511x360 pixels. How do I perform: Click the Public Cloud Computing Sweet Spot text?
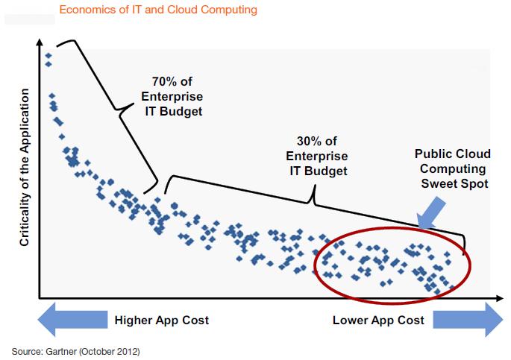[x=453, y=168]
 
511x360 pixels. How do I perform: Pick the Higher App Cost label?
[x=161, y=320]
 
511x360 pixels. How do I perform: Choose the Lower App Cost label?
[x=378, y=320]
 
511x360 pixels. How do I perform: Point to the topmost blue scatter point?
[x=48, y=55]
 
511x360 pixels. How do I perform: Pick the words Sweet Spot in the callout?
[x=453, y=183]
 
